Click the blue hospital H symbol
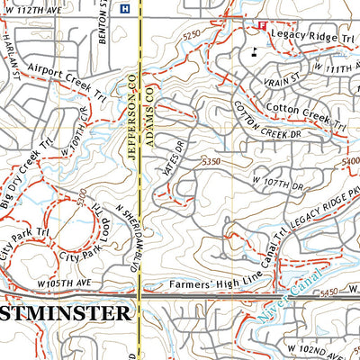124,9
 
